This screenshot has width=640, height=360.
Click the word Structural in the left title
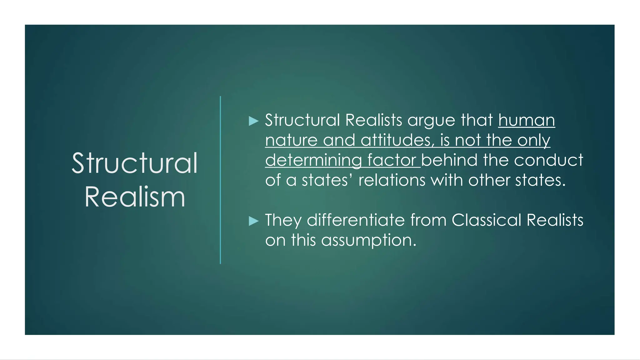tap(135, 163)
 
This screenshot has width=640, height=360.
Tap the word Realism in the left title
tap(135, 197)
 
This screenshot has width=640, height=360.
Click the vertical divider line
tap(220, 180)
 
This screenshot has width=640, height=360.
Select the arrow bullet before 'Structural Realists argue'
tap(253, 121)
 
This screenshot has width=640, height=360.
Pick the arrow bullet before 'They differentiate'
tap(253, 221)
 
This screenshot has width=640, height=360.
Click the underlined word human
tap(527, 120)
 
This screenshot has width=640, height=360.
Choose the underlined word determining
tap(313, 161)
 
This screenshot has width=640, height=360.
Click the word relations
tap(392, 180)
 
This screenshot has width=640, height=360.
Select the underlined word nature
tap(291, 140)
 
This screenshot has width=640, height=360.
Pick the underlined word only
tap(534, 140)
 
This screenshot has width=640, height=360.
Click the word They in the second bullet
tap(283, 220)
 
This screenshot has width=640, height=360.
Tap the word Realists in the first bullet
tap(374, 120)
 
